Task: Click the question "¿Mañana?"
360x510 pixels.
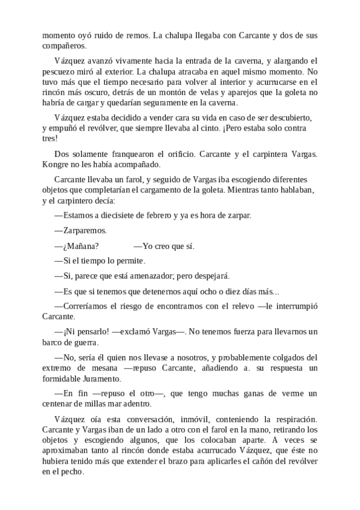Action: click(x=77, y=246)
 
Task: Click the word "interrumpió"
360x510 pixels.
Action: click(x=294, y=307)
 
